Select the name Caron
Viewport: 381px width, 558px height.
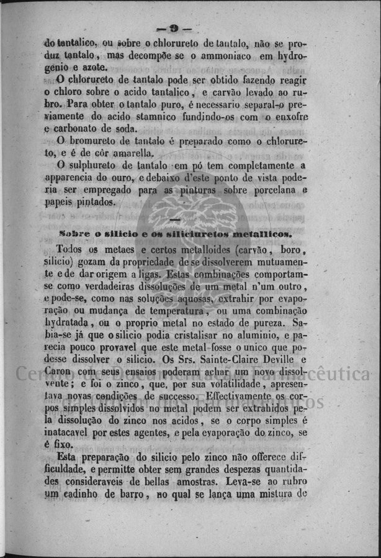pos(58,373)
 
